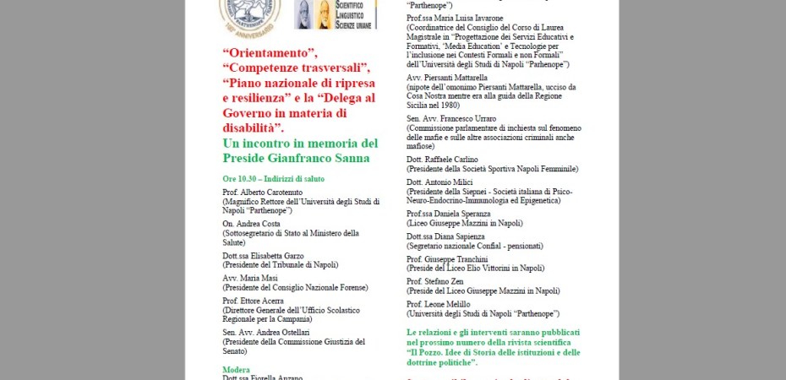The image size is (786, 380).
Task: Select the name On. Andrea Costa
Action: tap(250, 224)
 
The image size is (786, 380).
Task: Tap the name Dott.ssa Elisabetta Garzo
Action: tap(264, 255)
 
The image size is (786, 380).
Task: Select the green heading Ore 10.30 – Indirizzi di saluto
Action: tap(273, 179)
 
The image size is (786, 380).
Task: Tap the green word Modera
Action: tap(236, 370)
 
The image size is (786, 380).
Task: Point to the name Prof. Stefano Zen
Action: tap(437, 281)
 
